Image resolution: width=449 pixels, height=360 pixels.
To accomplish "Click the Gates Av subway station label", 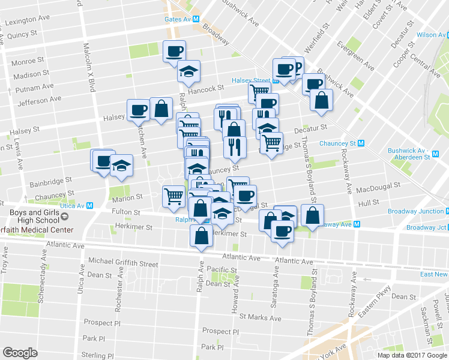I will [178, 19].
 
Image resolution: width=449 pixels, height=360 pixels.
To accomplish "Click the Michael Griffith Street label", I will [123, 263].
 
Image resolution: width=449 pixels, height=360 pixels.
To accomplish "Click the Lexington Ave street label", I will [28, 22].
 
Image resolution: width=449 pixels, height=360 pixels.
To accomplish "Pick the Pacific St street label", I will [223, 269].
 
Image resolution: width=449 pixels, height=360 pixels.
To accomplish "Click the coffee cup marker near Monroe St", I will [175, 52].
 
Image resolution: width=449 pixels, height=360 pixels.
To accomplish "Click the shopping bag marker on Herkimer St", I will [201, 236].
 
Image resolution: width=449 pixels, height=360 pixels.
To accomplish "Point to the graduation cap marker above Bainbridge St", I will [122, 166].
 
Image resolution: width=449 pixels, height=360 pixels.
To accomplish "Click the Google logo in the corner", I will [20, 353].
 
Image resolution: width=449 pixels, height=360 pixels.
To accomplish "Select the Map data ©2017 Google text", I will [411, 355].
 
